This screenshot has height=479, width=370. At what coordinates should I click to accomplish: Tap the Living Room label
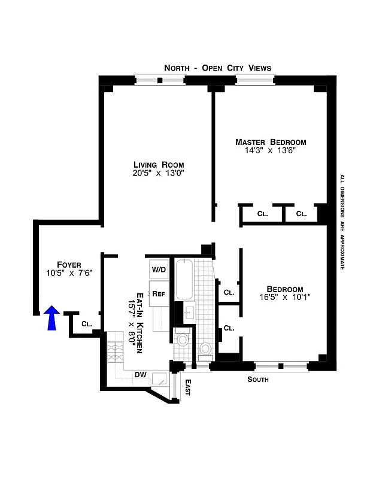(158, 165)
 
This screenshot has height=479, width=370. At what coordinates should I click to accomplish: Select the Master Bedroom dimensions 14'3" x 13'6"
(270, 151)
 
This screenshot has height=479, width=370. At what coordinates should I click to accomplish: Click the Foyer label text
(69, 265)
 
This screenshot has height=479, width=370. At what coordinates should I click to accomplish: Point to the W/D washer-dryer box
(159, 269)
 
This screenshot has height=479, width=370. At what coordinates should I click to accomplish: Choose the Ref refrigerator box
(159, 293)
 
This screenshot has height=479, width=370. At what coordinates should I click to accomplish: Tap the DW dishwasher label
(141, 375)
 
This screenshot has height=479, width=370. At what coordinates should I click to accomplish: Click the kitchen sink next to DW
(160, 378)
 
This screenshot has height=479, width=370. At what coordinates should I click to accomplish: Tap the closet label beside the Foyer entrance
(86, 324)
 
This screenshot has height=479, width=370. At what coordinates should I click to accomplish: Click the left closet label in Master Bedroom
(262, 213)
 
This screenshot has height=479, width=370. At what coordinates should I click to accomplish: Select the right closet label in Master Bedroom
(301, 213)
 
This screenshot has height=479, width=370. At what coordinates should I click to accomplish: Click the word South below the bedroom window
(258, 380)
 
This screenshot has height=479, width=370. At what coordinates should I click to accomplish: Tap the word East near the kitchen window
(187, 387)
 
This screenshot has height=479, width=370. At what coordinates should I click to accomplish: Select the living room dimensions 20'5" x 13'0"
(158, 174)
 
